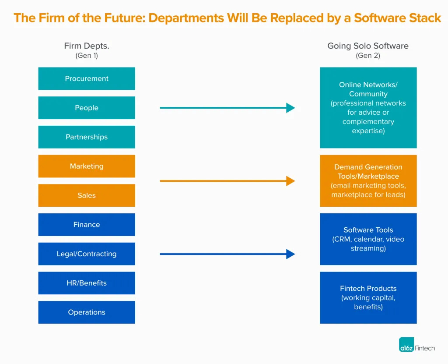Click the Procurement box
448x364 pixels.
pos(87,79)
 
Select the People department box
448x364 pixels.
pos(87,108)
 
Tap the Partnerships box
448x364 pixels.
pos(87,137)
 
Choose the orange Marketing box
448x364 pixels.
pos(87,166)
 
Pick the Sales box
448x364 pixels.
pos(87,195)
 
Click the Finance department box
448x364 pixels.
pos(87,225)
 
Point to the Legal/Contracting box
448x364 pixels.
pos(87,254)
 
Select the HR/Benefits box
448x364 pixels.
pos(87,283)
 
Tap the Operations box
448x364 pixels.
pos(87,312)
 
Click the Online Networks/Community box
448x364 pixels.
pos(368,108)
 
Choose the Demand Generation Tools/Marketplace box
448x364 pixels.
pos(368,181)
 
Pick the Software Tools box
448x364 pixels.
pos(368,239)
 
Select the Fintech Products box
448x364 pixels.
pos(368,298)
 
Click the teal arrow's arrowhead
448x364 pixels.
pos(291,108)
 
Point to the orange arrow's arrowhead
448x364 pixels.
pos(291,181)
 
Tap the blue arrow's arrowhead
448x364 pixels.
pos(291,254)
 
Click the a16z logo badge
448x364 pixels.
pos(407,345)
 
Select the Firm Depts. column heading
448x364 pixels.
pos(87,46)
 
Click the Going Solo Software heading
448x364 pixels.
pos(368,46)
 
